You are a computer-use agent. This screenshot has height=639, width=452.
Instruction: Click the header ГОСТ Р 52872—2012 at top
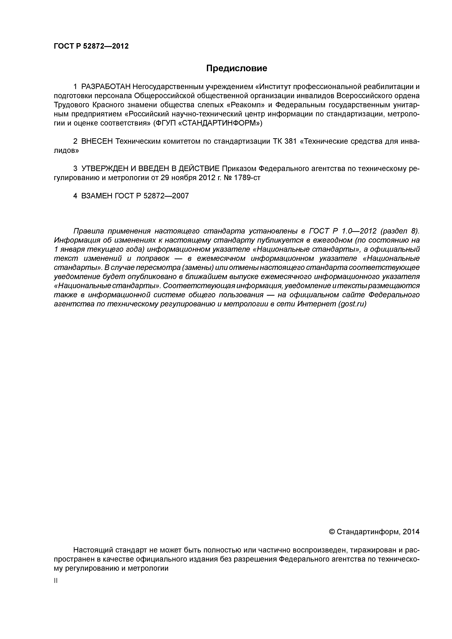pos(91,46)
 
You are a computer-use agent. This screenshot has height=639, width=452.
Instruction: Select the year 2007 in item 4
pos(180,196)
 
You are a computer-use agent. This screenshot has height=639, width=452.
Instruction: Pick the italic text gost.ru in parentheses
pos(352,304)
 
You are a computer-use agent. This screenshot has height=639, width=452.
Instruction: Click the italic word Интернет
pos(317,304)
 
